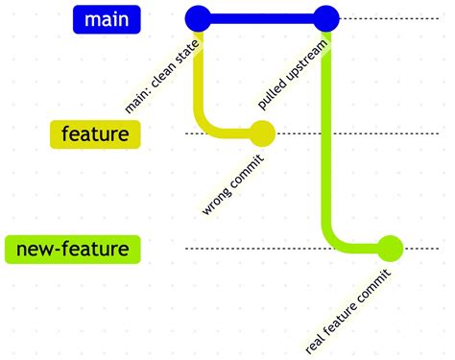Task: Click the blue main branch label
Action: click(x=107, y=18)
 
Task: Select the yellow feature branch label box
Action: click(x=94, y=134)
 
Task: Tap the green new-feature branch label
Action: click(x=73, y=250)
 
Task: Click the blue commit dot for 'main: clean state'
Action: click(x=197, y=18)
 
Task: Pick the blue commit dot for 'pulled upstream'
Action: click(x=326, y=18)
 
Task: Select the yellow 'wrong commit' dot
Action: click(x=262, y=133)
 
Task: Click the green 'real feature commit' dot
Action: click(x=390, y=249)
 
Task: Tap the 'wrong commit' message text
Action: click(x=228, y=188)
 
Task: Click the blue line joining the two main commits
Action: click(x=261, y=18)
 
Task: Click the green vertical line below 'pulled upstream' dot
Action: click(x=326, y=144)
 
